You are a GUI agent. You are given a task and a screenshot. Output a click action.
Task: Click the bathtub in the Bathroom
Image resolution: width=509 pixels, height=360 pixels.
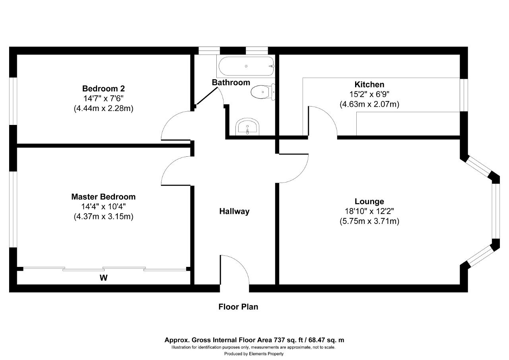coord(246,66)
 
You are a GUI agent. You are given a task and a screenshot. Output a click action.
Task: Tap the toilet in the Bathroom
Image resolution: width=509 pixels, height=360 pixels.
coord(263,92)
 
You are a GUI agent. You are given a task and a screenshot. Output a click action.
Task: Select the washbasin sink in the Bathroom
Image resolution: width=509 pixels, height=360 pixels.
coord(247,127)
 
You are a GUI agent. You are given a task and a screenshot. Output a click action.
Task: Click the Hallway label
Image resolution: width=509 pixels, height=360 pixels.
coord(234,211)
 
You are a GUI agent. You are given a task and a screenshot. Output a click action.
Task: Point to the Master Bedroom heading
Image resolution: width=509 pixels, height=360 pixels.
coord(103,197)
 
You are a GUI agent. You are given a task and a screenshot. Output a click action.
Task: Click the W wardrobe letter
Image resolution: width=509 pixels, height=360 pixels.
coord(104,278)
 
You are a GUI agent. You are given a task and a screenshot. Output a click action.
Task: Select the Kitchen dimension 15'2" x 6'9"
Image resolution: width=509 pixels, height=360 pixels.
coord(369,94)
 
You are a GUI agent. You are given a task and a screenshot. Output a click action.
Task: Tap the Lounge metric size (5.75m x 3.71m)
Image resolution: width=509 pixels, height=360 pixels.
coord(369,221)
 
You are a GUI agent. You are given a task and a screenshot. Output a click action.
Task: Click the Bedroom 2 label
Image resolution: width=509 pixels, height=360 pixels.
coord(103,88)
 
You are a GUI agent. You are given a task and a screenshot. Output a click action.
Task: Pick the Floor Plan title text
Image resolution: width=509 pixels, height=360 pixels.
coord(238,307)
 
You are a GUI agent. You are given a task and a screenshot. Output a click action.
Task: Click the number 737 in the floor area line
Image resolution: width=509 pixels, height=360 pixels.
coord(279,340)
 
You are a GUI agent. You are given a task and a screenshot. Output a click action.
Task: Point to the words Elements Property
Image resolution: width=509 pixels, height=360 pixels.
coord(266,354)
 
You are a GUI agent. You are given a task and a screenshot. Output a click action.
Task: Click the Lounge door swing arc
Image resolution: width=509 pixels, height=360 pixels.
coord(300,175)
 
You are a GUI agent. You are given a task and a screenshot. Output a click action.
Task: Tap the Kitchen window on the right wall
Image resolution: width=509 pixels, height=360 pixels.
coord(464,95)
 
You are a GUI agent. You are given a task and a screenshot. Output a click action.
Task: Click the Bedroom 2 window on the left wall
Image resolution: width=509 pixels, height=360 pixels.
coord(13,101)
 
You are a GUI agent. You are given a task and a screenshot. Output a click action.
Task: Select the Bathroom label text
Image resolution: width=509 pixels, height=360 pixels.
coord(231,82)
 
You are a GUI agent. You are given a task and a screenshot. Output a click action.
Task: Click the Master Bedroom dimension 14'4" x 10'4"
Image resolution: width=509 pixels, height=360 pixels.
coord(103,206)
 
